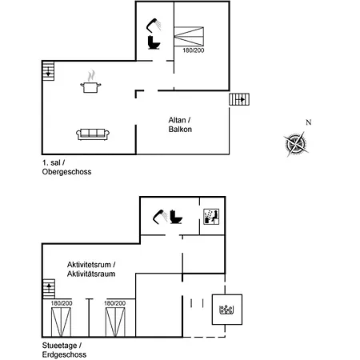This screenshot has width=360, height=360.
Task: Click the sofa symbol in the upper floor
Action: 93,134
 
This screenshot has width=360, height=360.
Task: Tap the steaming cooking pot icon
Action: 90,82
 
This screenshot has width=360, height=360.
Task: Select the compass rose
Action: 295,144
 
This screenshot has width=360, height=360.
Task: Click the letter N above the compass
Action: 309,122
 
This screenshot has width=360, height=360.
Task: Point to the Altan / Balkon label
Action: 180,125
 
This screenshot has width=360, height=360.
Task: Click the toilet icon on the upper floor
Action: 154,42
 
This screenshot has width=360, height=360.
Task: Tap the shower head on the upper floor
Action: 154,25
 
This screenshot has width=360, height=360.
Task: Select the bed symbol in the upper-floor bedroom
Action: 189,36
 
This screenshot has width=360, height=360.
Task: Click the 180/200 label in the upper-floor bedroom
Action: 194,50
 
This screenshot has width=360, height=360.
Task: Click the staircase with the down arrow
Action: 48,71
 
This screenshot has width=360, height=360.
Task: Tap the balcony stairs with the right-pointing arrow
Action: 239,99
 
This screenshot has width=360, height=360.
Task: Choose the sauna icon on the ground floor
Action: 211,217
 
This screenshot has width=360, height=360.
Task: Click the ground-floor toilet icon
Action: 176,217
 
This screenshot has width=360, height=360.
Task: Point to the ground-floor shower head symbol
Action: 160,216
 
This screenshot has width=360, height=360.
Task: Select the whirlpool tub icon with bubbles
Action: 226,310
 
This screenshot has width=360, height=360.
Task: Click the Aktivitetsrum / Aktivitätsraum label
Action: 91,270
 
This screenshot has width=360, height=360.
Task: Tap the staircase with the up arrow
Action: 49,289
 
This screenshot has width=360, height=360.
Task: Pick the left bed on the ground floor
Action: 61,322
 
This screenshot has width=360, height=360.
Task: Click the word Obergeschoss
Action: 66,172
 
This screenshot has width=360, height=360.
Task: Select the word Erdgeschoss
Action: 64,354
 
